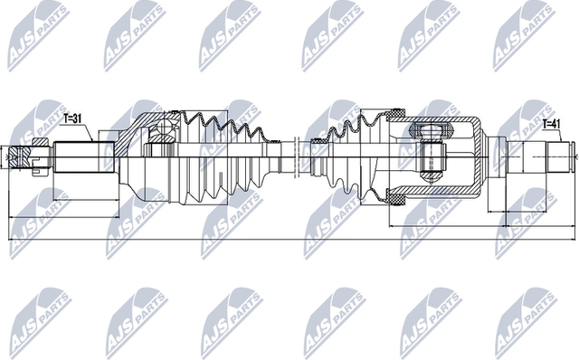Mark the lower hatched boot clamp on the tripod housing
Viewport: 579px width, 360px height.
[x=395, y=194]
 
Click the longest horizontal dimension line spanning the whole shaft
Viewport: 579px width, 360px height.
[x=289, y=239]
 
